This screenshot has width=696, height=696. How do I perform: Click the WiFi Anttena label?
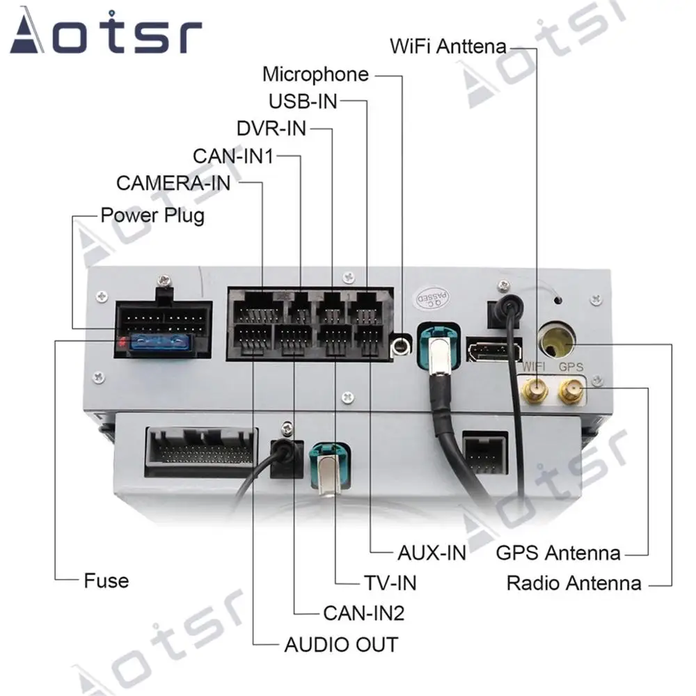448,47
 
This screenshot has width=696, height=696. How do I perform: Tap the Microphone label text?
315,74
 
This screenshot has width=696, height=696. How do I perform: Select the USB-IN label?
303,102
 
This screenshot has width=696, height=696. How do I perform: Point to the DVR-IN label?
271,129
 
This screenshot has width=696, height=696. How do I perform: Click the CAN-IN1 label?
232,156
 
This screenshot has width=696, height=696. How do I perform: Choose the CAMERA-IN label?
173,183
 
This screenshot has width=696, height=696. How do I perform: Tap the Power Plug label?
152,214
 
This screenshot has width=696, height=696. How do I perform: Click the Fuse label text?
106,580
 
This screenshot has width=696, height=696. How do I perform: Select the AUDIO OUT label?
341,644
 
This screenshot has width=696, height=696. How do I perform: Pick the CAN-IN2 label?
363,612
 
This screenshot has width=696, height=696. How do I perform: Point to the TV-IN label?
390,582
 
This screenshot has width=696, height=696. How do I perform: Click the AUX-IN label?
432,553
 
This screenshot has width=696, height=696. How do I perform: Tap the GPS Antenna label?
557,553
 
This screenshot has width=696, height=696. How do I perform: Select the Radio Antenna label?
574,583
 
